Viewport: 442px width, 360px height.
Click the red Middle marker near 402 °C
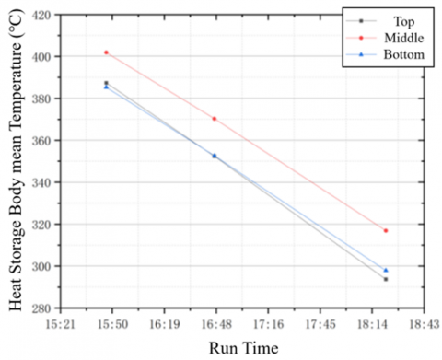click(x=107, y=52)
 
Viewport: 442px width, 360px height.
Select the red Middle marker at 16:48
click(x=215, y=119)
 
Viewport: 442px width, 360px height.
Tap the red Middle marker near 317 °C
click(x=386, y=230)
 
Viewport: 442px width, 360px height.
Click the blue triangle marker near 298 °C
click(x=386, y=271)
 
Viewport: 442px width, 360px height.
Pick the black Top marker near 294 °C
click(x=386, y=279)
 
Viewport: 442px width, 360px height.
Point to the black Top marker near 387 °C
click(x=107, y=83)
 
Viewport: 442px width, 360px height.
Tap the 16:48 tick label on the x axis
click(x=215, y=322)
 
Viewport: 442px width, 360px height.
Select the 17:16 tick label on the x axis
click(x=268, y=322)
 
